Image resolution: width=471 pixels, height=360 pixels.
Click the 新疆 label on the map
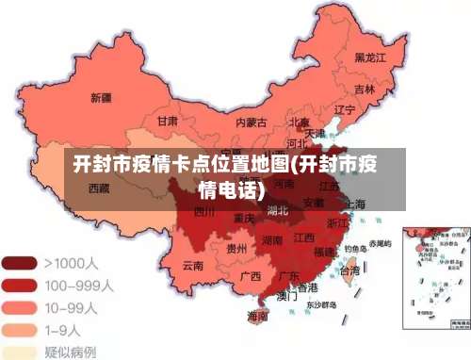(101, 97)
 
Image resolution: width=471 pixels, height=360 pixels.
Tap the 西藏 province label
(99, 188)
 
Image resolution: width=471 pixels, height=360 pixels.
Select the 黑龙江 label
(371, 57)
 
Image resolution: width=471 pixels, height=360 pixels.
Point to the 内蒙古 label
(251, 123)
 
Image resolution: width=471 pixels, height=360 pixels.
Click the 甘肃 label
(168, 122)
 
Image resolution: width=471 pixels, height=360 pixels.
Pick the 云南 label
(193, 266)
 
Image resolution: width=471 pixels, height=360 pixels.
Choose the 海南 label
(257, 316)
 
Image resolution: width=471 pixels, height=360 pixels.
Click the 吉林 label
(365, 90)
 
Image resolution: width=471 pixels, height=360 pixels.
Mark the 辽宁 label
(345, 109)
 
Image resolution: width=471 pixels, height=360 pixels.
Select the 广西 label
(250, 276)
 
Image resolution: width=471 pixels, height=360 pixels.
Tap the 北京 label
(300, 123)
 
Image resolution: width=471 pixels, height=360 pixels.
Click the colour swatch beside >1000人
(20, 262)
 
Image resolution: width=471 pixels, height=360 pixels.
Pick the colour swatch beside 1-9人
(20, 329)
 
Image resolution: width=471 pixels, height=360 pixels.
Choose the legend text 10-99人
(70, 306)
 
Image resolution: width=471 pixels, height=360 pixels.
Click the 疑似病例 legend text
(71, 352)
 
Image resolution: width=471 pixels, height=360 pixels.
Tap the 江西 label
(303, 237)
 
